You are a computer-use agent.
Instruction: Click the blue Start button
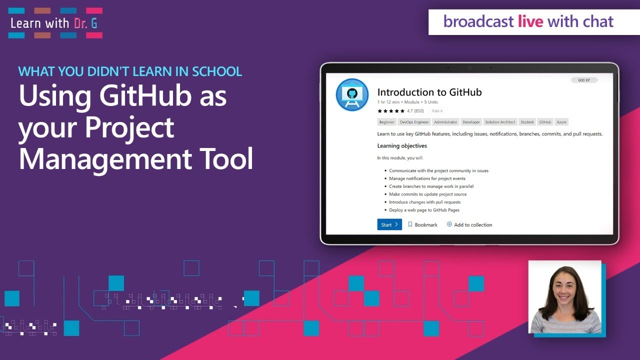point(389,224)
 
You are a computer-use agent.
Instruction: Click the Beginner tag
point(386,122)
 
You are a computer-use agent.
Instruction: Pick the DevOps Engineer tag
point(414,122)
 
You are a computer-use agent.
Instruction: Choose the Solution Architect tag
point(500,122)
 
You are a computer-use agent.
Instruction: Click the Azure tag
point(561,122)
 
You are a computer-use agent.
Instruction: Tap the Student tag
point(527,122)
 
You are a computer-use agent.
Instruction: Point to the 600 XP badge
point(584,80)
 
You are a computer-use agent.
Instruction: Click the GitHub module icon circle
point(352,94)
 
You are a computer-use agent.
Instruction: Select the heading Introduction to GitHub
point(429,92)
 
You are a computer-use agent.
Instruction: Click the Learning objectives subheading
point(402,146)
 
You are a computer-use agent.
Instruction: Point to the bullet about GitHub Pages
point(424,210)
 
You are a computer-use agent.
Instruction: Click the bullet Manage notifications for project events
point(427,178)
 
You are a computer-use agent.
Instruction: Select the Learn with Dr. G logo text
point(54,23)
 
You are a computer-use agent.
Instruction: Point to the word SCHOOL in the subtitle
point(216,71)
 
